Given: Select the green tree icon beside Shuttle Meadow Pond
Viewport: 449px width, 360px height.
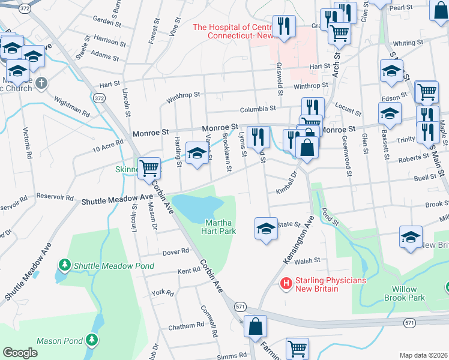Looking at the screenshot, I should coord(64,265).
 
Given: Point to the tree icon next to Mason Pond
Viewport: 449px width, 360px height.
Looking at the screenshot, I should coord(92,341).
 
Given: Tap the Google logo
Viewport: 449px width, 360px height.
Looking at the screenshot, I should coord(20,353).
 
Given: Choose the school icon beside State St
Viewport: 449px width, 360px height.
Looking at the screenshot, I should coord(266,229).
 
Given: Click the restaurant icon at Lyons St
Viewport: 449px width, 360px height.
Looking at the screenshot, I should coord(258,136).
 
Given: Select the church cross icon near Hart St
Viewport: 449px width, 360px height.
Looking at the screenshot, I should coord(41,82).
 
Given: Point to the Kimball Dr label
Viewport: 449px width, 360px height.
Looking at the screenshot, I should coord(287,182).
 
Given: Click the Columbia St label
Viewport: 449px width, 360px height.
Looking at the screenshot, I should coord(258,109).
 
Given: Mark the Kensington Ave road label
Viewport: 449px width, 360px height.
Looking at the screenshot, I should coord(298,241).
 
